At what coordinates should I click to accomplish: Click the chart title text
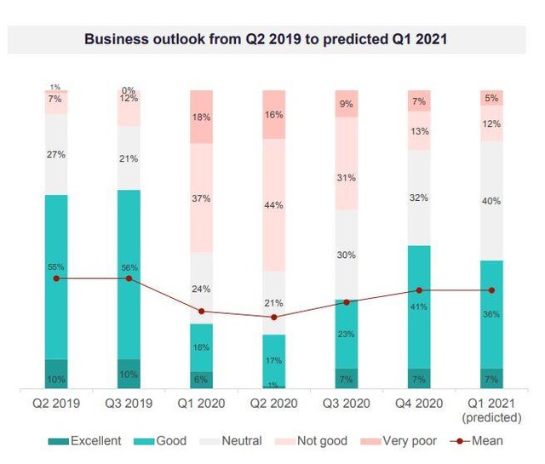272,38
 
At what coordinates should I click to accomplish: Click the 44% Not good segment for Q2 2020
274,204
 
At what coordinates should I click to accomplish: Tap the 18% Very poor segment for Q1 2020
201,117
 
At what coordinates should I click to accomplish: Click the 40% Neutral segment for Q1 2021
492,200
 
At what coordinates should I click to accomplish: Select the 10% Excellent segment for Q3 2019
129,374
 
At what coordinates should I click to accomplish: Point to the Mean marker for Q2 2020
274,318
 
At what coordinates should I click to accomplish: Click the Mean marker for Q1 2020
201,312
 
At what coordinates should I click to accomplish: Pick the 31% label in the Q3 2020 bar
347,177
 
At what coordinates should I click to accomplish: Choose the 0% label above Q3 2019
129,90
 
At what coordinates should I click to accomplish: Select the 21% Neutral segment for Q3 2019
129,158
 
